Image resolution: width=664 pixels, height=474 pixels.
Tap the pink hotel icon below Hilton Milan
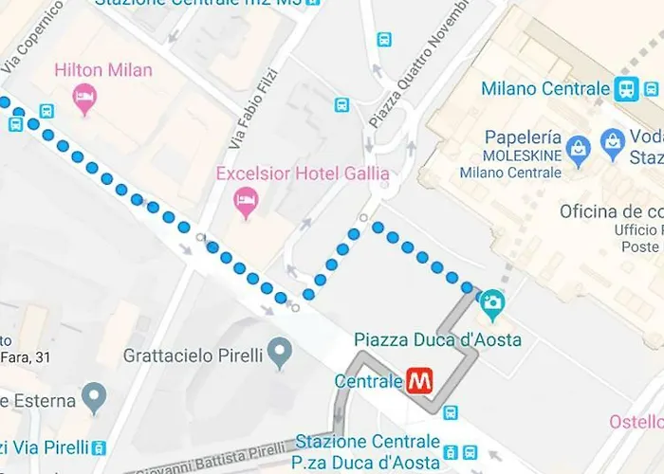pyautogui.click(x=85, y=98)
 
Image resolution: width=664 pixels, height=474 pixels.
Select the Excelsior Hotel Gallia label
pyautogui.click(x=303, y=173)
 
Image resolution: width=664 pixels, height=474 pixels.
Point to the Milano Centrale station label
pyautogui.click(x=544, y=89)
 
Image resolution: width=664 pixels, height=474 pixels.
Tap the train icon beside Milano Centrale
pyautogui.click(x=625, y=89)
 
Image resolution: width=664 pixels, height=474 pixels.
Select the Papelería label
pyautogui.click(x=520, y=137)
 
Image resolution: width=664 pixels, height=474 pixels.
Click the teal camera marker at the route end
pyautogui.click(x=492, y=304)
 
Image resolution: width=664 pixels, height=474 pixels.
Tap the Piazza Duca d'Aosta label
pyautogui.click(x=437, y=339)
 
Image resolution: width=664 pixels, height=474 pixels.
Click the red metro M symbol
pyautogui.click(x=419, y=381)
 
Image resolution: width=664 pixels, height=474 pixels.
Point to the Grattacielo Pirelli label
pyautogui.click(x=194, y=357)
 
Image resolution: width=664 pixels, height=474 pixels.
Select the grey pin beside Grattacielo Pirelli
pyautogui.click(x=279, y=354)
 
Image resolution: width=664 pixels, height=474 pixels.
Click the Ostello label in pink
pyautogui.click(x=636, y=421)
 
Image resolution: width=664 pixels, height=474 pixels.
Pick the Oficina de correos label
pyautogui.click(x=610, y=210)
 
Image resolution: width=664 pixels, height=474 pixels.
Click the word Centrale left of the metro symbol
pyautogui.click(x=369, y=381)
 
